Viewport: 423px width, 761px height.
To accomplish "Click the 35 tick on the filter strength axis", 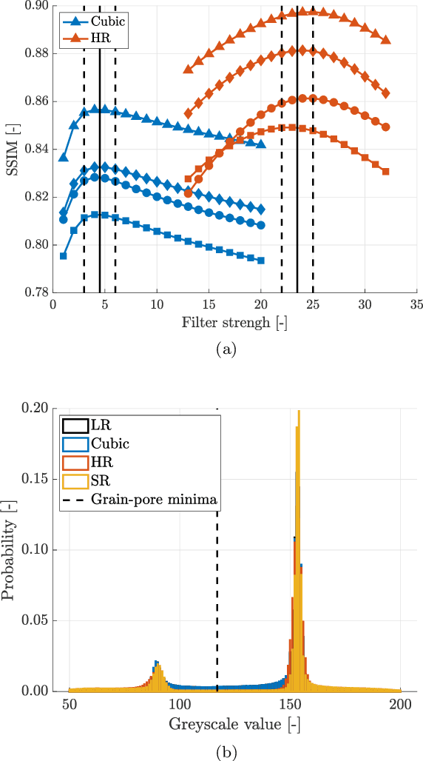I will point(416,304).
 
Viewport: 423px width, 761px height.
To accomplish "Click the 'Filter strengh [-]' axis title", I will point(234,323).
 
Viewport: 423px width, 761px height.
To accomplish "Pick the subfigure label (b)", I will point(226,752).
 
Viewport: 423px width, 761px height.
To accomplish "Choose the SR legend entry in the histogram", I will point(101,482).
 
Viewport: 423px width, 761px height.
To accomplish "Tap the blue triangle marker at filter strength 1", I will point(64,157).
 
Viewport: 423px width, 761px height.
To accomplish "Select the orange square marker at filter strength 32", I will point(385,172).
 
